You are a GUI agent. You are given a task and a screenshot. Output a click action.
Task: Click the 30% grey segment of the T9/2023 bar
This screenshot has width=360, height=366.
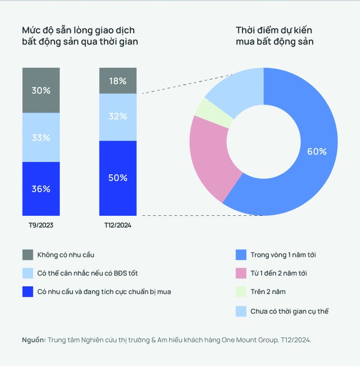click(x=40, y=90)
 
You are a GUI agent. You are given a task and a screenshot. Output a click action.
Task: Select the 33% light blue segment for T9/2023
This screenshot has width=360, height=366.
click(x=40, y=137)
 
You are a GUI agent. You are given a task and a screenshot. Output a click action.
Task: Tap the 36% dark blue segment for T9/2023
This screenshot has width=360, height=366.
click(x=40, y=189)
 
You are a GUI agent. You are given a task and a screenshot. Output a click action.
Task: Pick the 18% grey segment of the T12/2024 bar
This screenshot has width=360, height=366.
click(x=118, y=80)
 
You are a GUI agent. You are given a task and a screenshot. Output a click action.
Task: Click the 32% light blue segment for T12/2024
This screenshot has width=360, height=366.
click(x=118, y=117)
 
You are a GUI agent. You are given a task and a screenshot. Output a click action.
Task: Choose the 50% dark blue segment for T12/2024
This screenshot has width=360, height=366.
click(x=118, y=178)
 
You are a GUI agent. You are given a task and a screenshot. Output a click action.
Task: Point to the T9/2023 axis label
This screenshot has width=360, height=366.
click(x=40, y=225)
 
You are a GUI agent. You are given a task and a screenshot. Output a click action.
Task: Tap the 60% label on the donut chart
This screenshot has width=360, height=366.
click(x=317, y=151)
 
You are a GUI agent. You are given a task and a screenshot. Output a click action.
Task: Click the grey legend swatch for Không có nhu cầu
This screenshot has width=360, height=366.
click(x=27, y=255)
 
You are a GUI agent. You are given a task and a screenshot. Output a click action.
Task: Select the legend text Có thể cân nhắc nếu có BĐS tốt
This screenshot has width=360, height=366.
click(x=87, y=273)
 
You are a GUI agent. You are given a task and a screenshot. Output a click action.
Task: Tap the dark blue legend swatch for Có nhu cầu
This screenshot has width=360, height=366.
click(x=27, y=292)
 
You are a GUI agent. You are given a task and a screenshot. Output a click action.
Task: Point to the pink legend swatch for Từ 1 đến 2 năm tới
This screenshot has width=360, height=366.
click(x=241, y=273)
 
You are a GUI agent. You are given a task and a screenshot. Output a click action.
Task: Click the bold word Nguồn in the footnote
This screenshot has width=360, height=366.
click(x=34, y=340)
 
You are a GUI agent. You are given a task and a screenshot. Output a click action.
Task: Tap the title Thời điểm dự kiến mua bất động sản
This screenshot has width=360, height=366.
click(x=274, y=35)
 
